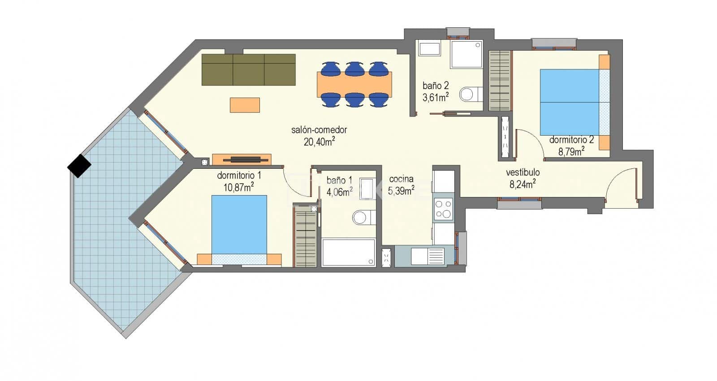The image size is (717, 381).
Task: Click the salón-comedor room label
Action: [x=319, y=130]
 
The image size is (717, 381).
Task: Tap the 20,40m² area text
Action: [x=319, y=142]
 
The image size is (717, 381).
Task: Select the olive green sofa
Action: [x=248, y=69]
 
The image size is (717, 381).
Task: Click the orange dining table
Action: [x=354, y=84]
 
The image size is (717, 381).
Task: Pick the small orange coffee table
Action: [x=245, y=105]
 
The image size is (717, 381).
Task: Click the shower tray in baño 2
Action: [x=466, y=55]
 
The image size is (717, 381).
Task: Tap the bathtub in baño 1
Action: [x=348, y=253]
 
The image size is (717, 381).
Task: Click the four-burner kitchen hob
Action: [x=444, y=209]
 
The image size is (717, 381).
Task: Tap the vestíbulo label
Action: [x=523, y=172]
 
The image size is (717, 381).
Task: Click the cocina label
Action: [x=401, y=179]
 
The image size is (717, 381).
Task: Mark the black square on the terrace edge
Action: [x=79, y=166]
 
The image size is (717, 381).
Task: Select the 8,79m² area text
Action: [x=570, y=151]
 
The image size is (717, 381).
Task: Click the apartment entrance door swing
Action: [x=621, y=186]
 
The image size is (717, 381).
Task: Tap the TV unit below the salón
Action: [x=242, y=159]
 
